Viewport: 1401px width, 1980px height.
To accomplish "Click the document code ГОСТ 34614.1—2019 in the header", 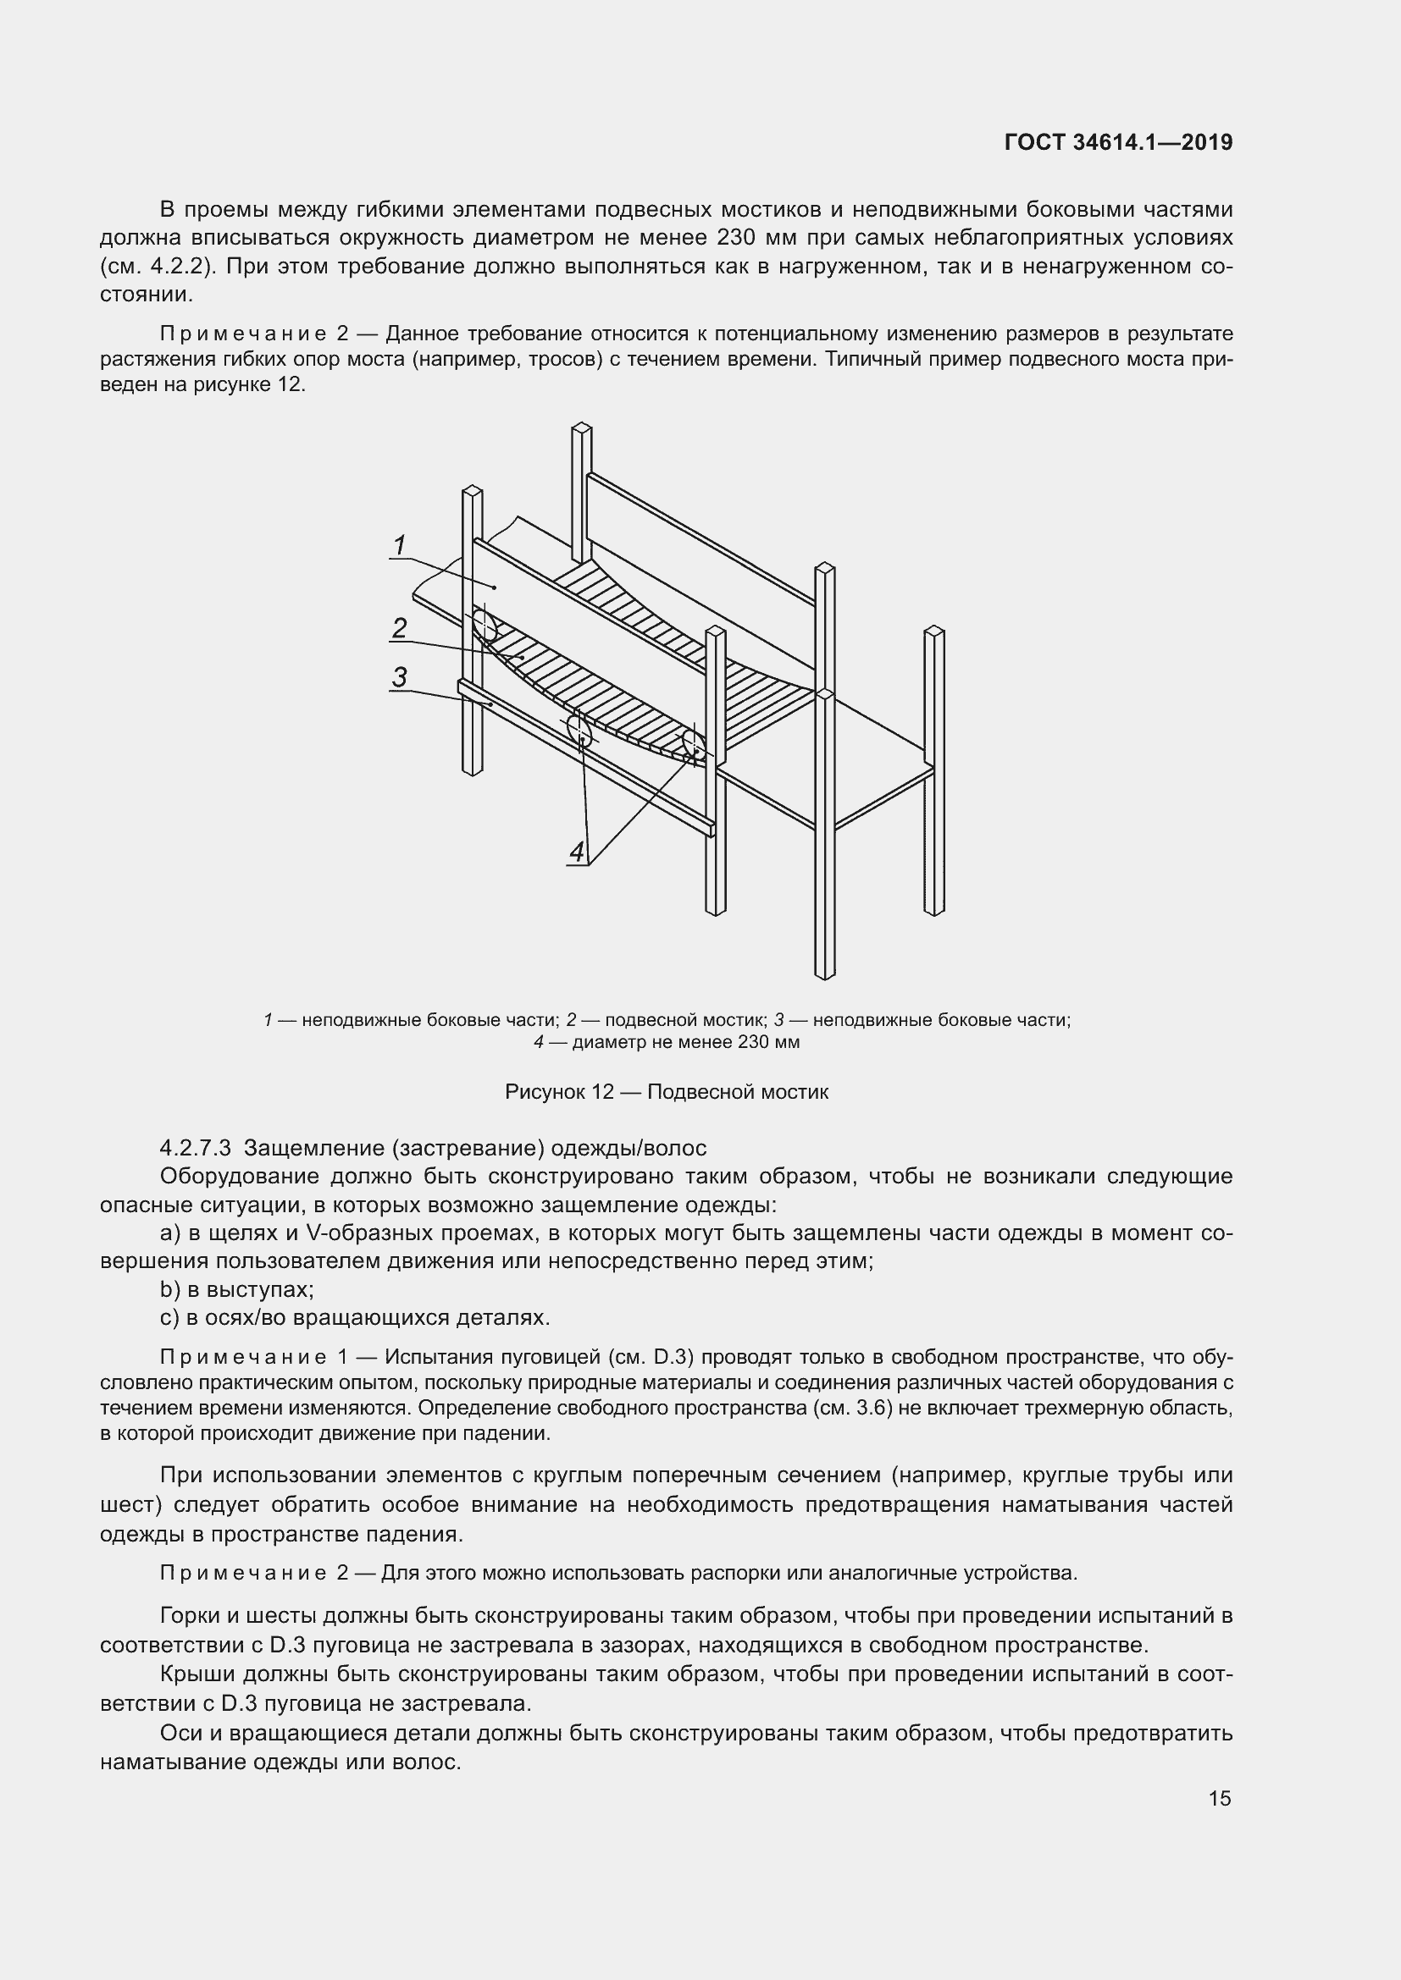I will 1118,142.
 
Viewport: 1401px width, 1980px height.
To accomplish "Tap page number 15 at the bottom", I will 1219,1799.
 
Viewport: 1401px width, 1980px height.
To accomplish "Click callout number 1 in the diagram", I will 400,545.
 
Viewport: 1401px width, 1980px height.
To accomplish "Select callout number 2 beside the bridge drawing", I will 399,628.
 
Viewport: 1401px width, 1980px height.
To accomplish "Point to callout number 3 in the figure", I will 399,677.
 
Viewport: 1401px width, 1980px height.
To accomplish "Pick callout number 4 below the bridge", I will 577,852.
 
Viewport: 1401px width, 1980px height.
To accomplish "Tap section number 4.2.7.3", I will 195,1148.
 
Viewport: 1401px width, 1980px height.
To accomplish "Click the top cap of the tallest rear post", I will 581,427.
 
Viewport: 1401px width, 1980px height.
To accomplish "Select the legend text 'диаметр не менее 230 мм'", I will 686,1042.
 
